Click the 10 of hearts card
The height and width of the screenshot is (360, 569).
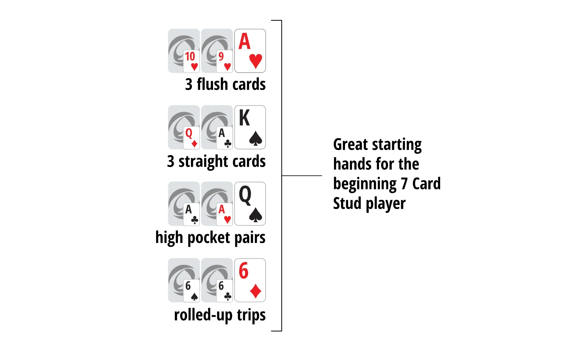point(191,61)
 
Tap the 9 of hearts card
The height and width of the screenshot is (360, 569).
point(224,61)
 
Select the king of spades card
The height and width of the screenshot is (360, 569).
point(250,127)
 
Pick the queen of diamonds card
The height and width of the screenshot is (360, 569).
point(191,138)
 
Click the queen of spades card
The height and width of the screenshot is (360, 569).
point(250,204)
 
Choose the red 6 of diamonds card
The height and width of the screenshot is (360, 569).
point(250,280)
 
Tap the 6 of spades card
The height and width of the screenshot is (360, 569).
point(191,291)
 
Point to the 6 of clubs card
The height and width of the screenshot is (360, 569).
point(224,291)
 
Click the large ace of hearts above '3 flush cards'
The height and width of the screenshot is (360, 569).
point(250,51)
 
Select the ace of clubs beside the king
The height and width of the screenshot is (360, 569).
point(224,138)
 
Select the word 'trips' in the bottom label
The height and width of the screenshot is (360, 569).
point(251,315)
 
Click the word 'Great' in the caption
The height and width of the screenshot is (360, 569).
point(350,144)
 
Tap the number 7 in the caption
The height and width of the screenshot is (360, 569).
point(404,184)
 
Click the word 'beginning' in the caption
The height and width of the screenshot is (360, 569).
point(365,184)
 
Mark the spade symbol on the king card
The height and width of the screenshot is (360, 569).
point(256,139)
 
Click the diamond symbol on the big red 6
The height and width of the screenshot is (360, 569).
point(256,291)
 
